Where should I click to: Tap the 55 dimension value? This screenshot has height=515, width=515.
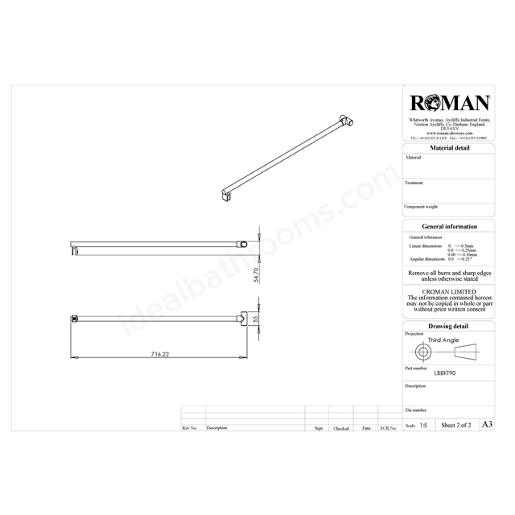coord(256,319)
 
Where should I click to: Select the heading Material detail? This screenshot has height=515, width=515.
coord(451,149)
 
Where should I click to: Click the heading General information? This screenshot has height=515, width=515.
coord(451,227)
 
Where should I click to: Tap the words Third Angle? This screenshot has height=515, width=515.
coord(444,340)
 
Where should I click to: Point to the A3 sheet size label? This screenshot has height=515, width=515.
coord(486,423)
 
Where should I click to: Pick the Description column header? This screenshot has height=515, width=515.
coord(216,429)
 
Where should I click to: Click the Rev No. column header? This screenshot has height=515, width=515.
coord(190,429)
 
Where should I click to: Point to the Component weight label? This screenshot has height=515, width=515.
coord(422,207)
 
